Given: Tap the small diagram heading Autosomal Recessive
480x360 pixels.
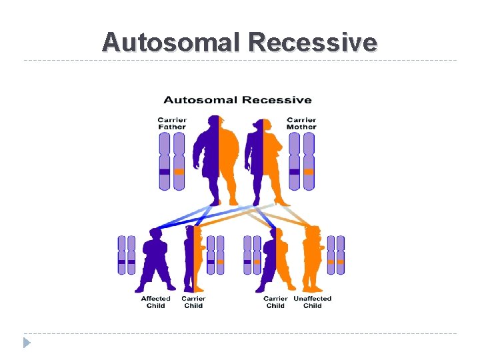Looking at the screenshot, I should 237,100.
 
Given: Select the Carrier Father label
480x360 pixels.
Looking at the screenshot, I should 172,123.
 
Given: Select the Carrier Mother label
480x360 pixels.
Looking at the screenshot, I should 301,123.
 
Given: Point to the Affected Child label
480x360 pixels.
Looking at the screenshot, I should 155,302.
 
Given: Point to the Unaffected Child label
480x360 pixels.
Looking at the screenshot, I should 313,302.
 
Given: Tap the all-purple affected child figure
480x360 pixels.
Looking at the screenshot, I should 155,260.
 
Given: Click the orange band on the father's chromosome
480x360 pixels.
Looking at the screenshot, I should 179,172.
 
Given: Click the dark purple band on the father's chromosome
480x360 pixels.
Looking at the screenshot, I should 165,172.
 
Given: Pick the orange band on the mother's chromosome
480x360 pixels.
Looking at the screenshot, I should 308,172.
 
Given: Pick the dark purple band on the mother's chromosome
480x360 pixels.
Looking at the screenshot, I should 294,172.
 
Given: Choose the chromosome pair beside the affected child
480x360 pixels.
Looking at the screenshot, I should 127,255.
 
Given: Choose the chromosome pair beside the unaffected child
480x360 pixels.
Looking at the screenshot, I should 335,255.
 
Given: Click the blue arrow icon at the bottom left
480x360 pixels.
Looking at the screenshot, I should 27,343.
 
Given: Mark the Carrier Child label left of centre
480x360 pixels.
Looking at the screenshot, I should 193,302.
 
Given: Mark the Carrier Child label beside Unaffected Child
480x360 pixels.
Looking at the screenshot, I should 275,302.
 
